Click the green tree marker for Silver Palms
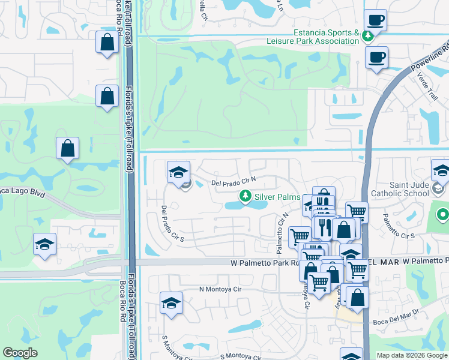tap(245, 196)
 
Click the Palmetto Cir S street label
tap(400, 235)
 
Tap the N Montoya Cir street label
tap(224, 289)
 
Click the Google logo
tap(20, 353)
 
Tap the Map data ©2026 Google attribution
tap(411, 355)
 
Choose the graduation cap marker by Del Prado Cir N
tap(178, 172)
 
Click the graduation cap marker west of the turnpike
tap(45, 244)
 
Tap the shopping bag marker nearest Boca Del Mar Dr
tap(357, 298)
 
